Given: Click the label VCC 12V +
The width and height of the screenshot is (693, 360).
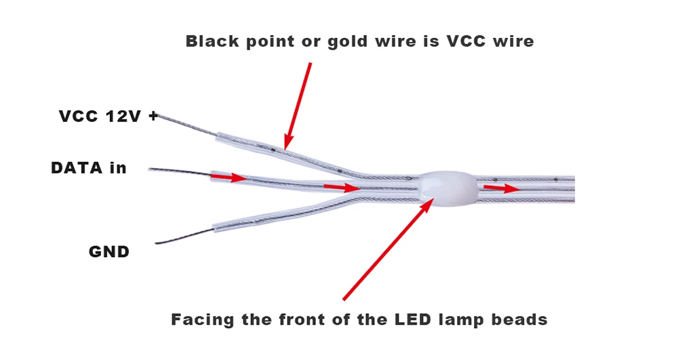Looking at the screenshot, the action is coord(108,117).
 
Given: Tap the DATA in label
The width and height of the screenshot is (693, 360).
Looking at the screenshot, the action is coord(89,167).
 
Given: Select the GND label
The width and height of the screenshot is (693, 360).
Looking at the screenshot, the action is coord(109,252).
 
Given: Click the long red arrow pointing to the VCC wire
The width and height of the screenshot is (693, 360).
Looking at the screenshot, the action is coord(299,104).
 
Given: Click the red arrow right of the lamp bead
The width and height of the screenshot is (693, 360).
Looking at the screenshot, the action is coord(502,188).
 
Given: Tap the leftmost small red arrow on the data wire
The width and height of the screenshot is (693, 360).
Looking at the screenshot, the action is coord(229,178).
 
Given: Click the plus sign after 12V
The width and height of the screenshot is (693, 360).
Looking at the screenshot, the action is coord(153,117).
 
